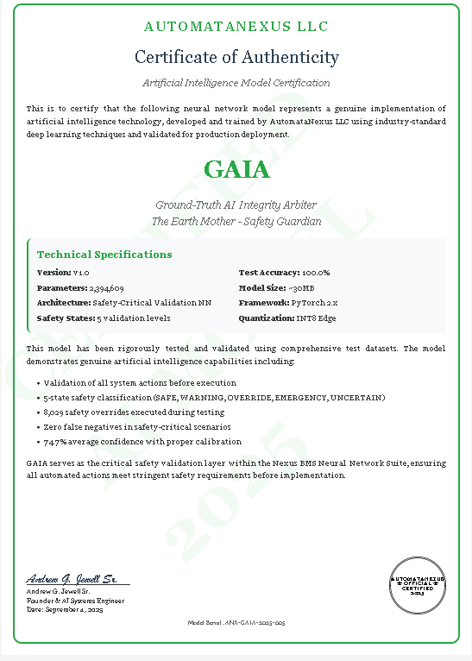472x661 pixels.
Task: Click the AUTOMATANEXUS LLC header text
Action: coord(236,28)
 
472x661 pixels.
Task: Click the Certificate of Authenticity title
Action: coord(236,57)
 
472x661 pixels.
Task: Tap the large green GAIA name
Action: coord(236,168)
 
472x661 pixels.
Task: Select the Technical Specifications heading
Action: coord(104,255)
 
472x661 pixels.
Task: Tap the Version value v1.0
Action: coord(81,273)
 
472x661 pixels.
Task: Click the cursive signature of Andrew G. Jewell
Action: coord(77,578)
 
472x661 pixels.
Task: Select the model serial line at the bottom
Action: coord(236,622)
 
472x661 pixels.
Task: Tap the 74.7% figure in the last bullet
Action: coord(55,441)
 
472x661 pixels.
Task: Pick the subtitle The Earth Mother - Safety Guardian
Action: coord(236,221)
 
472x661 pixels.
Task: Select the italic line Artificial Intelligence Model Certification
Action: coord(236,83)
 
